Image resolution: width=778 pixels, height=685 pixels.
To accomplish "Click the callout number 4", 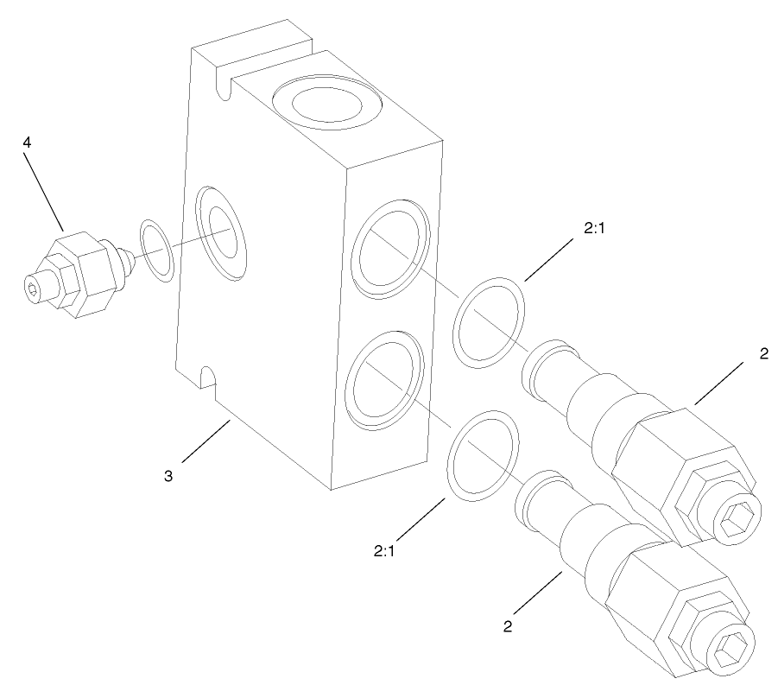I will [x=28, y=143].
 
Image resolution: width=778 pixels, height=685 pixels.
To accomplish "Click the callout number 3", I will [x=169, y=475].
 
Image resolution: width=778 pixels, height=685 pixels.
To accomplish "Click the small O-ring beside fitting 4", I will [x=157, y=251].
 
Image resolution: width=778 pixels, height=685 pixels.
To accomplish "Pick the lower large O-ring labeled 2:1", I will [x=483, y=456].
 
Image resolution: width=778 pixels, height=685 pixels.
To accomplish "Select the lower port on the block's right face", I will [x=385, y=381].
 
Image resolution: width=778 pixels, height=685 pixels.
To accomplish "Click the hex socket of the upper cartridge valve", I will [x=740, y=518].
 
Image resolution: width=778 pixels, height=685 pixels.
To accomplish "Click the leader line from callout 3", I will [x=206, y=440].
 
